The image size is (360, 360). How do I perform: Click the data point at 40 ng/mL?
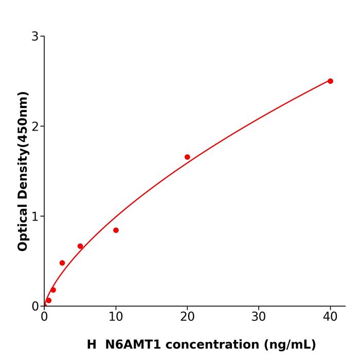[330, 81]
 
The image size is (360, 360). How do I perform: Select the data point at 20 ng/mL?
[187, 157]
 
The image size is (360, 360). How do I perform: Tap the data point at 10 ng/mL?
[116, 230]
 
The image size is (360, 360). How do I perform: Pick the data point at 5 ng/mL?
[80, 246]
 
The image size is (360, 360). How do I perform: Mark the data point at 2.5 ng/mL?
[62, 263]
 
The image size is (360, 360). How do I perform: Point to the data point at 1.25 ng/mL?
[53, 290]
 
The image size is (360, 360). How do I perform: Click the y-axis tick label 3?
[35, 37]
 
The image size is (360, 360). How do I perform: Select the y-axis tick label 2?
[35, 127]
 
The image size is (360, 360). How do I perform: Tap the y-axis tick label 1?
[35, 217]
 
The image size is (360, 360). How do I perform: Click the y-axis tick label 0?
[35, 307]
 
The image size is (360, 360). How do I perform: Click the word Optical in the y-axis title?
[23, 227]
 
